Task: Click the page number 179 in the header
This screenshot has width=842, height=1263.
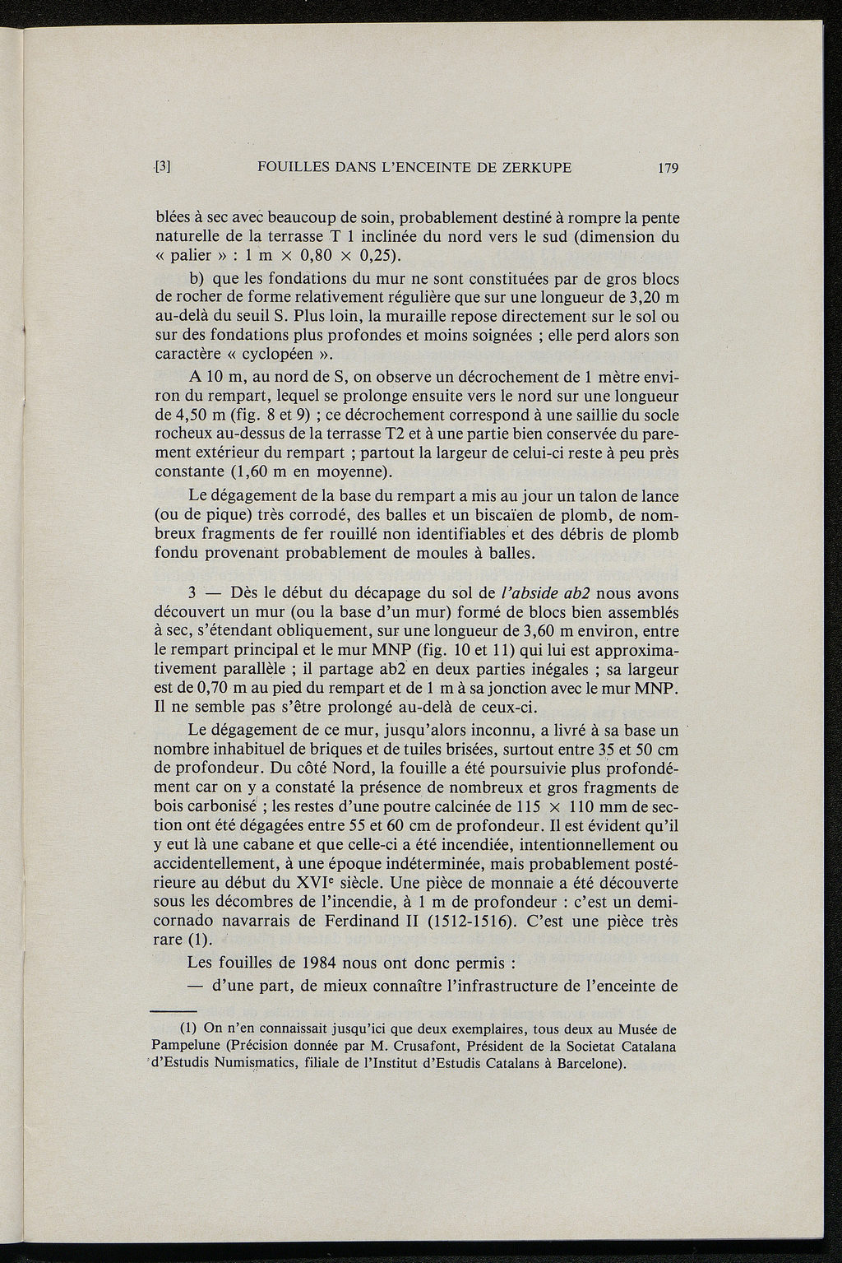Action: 667,169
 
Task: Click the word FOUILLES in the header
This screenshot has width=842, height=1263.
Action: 292,168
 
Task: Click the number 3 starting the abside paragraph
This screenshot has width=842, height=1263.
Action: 192,592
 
